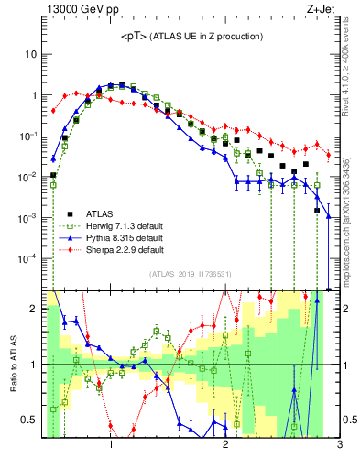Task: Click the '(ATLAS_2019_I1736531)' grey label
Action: tap(190, 274)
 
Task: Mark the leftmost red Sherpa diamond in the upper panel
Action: tap(53, 111)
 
